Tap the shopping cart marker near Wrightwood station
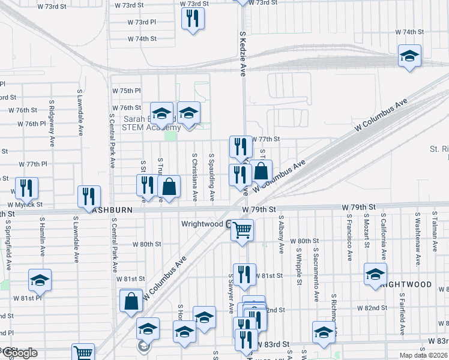tap(242, 230)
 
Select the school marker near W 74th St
tap(410, 56)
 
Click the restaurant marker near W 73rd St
tap(193, 19)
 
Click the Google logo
tap(20, 353)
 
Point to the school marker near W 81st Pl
tap(40, 279)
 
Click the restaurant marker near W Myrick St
tap(26, 188)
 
